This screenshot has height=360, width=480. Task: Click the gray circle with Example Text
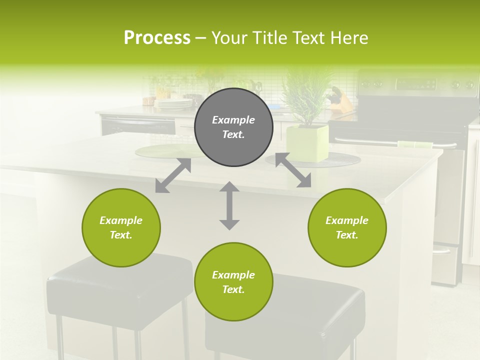pos(233,127)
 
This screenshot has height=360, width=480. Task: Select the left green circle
pos(121,227)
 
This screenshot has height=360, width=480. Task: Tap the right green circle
pos(347,227)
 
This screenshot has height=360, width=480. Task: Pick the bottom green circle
pos(233,282)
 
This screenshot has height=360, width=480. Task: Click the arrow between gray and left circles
pos(173,175)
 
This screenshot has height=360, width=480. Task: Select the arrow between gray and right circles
pos(293,170)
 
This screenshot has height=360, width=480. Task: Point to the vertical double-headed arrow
pos(229,205)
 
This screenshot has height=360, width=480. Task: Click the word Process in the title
pos(157,38)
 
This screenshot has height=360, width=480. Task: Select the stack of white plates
pos(173,103)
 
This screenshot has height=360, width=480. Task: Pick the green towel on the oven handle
pos(415,144)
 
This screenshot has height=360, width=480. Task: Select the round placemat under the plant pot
pos(345,160)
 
